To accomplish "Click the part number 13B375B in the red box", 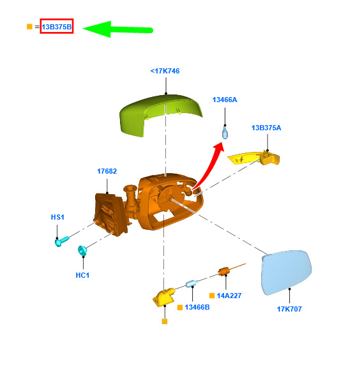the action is point(56,27).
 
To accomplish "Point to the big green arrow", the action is point(117,29).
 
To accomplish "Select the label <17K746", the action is point(165,71).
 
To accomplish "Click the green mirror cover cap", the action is point(160,114).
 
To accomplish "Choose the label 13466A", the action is point(225,100).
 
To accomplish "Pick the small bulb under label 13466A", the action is point(225,132).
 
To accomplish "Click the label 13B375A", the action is point(266,128).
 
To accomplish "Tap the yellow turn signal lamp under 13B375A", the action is point(254,158).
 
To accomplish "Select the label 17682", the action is point(107,171).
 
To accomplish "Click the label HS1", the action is point(57,217).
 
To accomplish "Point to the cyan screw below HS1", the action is point(62,241).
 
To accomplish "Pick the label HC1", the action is point(82,275).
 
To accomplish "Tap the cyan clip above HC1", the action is point(82,250).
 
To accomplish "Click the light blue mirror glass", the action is point(287,273).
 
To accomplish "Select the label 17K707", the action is point(289,309).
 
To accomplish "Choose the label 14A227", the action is point(229,296).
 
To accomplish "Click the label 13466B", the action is point(197,307).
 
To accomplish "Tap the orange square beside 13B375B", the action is point(29,27).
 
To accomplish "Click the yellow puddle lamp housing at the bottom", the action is point(163,297).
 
